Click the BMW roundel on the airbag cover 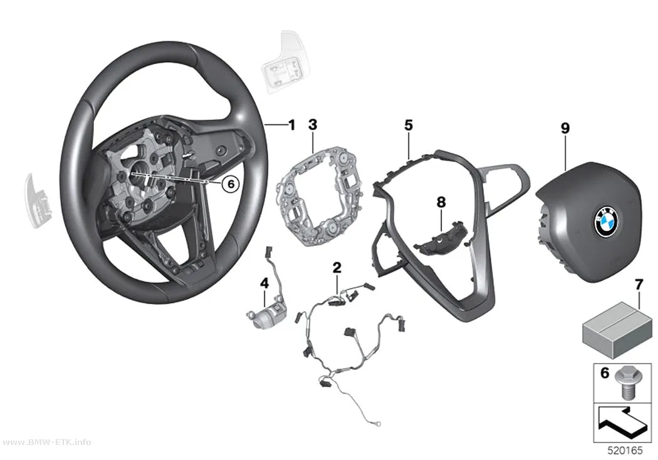pos(607,221)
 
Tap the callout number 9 pos(565,128)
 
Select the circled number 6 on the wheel pos(231,183)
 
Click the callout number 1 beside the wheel pos(291,125)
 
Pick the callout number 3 pos(313,125)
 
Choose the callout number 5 pos(409,125)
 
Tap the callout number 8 pos(441,202)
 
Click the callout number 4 pos(264,284)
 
